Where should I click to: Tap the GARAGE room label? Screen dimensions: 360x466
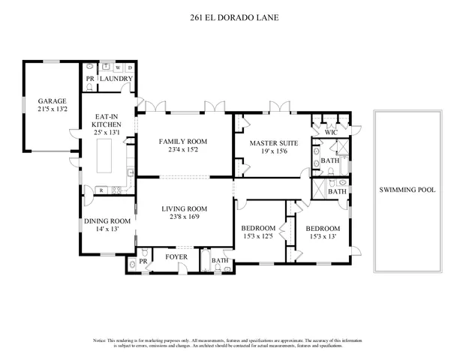point(53,100)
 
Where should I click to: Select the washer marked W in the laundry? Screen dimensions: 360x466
point(118,67)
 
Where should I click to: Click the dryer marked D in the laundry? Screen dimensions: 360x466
point(128,67)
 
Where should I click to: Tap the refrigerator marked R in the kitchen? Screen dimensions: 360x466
point(100,190)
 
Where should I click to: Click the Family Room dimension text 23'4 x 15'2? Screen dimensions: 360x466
point(182,150)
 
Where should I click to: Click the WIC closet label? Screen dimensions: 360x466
point(331,133)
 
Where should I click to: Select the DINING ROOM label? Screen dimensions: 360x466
point(107,221)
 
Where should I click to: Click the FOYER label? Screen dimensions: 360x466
point(176,256)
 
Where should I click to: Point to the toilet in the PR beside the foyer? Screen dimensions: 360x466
point(133,263)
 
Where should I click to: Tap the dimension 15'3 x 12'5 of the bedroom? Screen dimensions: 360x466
point(259,237)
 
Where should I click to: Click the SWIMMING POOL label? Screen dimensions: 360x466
point(407,190)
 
